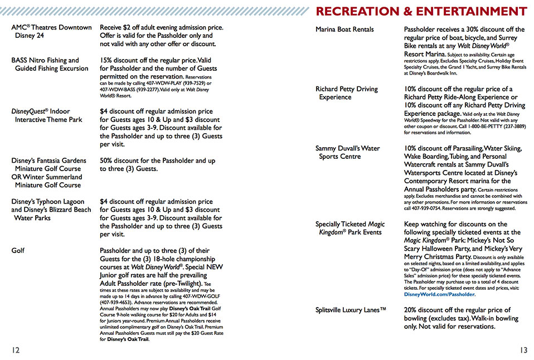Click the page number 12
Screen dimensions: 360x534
tap(16, 350)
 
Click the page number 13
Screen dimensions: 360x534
tap(522, 350)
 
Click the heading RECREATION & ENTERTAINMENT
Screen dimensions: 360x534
tap(421, 11)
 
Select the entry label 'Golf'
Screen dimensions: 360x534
tap(18, 251)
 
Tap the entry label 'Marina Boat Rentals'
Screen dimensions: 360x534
tap(344, 30)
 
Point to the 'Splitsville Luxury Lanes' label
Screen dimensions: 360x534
tap(351, 310)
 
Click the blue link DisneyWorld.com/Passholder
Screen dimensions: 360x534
tap(440, 294)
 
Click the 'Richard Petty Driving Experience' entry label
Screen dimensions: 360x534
tap(346, 93)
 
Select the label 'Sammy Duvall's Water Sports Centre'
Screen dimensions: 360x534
tap(347, 152)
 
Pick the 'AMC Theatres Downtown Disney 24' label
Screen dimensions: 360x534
tap(51, 31)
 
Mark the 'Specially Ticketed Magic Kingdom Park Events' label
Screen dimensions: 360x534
tap(350, 228)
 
